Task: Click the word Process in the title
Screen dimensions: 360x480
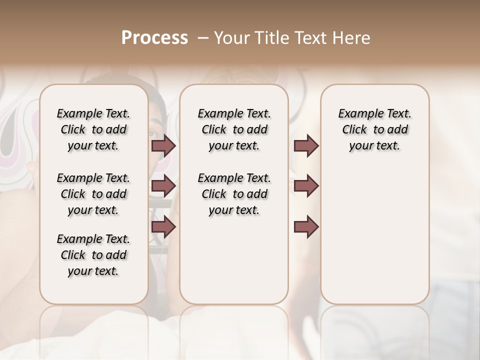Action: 154,38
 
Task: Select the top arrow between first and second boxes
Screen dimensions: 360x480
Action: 164,145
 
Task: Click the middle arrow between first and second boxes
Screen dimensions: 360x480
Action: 164,186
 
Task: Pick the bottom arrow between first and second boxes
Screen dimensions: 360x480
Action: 164,227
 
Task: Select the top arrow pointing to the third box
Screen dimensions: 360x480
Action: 306,145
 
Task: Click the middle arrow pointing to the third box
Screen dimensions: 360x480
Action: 306,186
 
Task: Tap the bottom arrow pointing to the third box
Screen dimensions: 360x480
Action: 306,227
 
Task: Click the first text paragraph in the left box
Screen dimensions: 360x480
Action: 93,129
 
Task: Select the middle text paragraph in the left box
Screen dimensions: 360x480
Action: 93,194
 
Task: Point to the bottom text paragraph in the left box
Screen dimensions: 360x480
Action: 93,255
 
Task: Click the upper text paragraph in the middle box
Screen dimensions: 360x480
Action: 234,129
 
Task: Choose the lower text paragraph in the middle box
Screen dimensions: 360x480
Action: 234,194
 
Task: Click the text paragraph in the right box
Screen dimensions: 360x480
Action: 374,129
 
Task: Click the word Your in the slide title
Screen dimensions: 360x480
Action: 231,38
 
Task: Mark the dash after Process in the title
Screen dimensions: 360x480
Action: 202,38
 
